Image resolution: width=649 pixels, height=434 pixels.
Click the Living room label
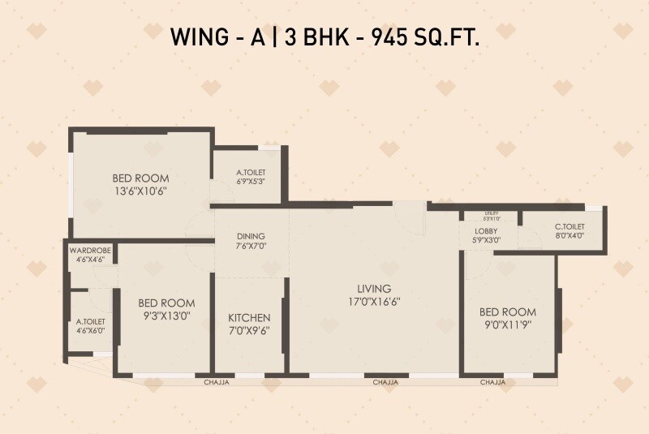(374, 288)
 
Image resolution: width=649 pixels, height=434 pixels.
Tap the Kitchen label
(249, 317)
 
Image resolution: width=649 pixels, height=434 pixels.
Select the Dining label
(251, 236)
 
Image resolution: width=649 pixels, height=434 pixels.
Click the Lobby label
(487, 231)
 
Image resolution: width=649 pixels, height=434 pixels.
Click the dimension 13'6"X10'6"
(140, 191)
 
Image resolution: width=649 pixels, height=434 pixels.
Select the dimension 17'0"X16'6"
(374, 301)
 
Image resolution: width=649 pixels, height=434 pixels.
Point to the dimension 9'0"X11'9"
(508, 324)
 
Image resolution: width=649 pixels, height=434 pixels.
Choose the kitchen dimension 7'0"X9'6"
(249, 330)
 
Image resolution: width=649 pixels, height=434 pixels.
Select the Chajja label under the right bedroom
(492, 381)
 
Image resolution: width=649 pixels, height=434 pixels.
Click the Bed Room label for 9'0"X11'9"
(508, 312)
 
